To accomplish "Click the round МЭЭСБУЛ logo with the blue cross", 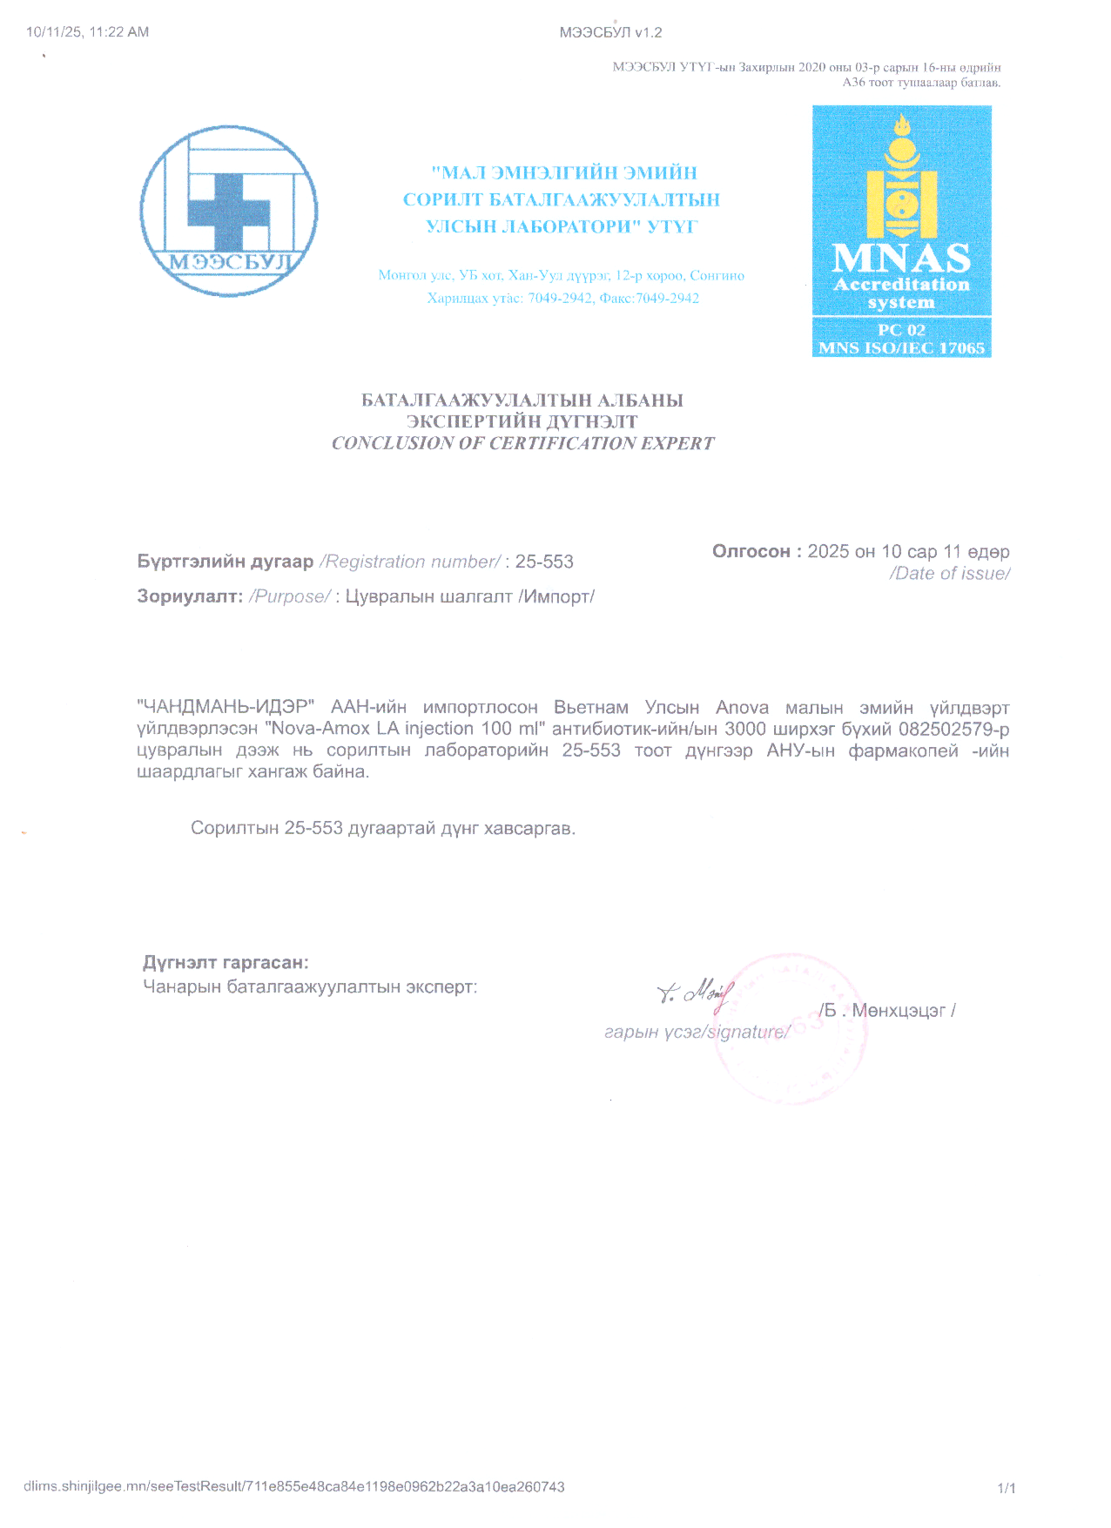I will point(229,211).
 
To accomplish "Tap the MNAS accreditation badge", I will point(901,231).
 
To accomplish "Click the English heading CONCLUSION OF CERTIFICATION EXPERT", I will point(522,443).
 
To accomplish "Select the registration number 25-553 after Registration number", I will point(544,562).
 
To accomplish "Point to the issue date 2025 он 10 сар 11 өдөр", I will point(908,551).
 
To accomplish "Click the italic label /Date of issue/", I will point(949,573).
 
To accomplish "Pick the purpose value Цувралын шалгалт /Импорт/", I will point(470,596).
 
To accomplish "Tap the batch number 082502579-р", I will point(953,729).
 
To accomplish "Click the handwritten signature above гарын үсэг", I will point(697,993).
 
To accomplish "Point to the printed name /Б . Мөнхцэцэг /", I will point(887,1011).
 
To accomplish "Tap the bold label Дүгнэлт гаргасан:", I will point(226,962).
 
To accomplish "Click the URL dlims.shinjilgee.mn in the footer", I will point(293,1486).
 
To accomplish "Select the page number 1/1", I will point(1006,1488).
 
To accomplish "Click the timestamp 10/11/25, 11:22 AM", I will point(87,32).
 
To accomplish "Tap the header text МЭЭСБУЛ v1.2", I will point(610,33).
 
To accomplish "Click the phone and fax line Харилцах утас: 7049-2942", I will point(562,298).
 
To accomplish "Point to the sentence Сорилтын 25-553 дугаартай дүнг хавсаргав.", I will point(383,828).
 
